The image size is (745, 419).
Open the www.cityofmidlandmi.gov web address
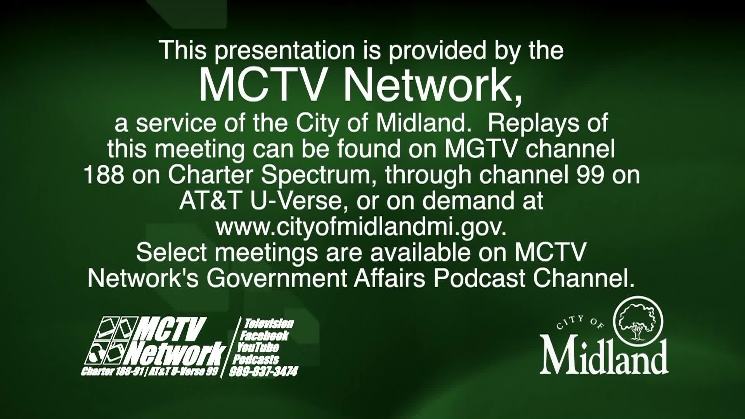coord(361,227)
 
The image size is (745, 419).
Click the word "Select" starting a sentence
coord(172,253)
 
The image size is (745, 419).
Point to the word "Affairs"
coord(389,278)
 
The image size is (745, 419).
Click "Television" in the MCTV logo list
coord(269,324)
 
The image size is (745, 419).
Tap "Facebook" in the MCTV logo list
coord(265,336)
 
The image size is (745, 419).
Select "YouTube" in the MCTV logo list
coord(258,347)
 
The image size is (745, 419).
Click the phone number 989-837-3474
coord(263,372)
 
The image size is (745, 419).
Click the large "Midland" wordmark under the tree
coord(604,355)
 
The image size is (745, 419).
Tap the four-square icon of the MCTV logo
coord(111,340)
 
